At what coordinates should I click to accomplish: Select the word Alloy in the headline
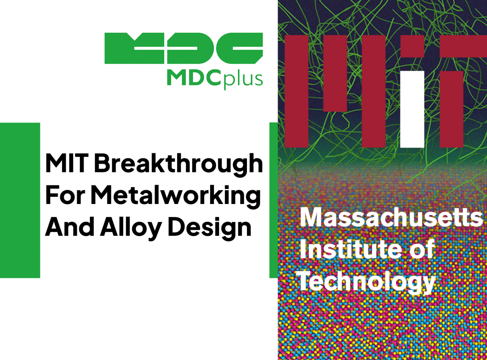click(x=131, y=228)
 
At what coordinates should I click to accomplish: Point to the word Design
click(x=209, y=228)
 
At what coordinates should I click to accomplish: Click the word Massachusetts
click(x=391, y=217)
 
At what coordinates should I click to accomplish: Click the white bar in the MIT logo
click(x=412, y=109)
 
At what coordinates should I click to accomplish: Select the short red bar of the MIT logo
click(x=335, y=73)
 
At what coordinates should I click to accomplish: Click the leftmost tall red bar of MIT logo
click(x=296, y=92)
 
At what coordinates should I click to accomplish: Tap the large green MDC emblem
click(x=184, y=48)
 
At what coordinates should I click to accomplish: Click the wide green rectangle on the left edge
click(x=20, y=200)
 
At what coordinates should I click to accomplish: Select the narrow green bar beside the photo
click(x=273, y=200)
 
